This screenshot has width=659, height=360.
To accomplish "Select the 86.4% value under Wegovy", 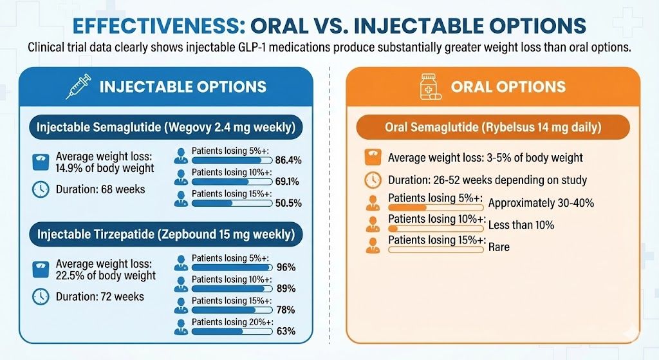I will click(288, 160).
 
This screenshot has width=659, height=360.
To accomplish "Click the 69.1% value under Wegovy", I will click(288, 182).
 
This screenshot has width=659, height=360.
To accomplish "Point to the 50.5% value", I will click(288, 203).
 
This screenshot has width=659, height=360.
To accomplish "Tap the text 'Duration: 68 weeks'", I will click(100, 189).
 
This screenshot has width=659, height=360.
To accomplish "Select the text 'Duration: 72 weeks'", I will click(100, 297).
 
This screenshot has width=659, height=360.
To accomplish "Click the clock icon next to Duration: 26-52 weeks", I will click(372, 180).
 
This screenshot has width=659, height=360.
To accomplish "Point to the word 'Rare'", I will click(499, 247).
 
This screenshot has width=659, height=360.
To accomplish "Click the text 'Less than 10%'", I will click(521, 225).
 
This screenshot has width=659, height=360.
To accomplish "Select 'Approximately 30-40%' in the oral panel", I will click(541, 203).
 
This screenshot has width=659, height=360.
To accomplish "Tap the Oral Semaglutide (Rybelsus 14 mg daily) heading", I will click(492, 128).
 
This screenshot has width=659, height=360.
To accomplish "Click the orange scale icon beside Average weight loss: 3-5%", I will click(372, 158).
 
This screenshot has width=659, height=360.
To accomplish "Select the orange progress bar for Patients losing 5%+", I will click(436, 207).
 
